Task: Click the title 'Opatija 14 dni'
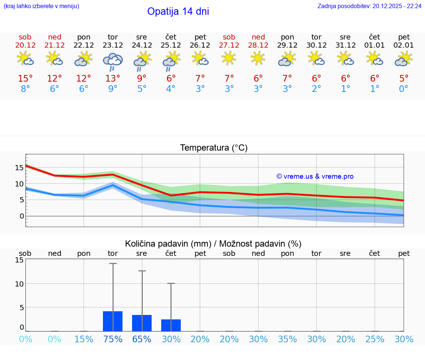pyautogui.click(x=178, y=11)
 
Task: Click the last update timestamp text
pyautogui.click(x=369, y=6)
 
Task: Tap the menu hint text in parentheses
pyautogui.click(x=41, y=6)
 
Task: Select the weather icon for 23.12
pyautogui.click(x=113, y=61)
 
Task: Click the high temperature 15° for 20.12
pyautogui.click(x=25, y=79)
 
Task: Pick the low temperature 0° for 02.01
pyautogui.click(x=404, y=89)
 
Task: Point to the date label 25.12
pyautogui.click(x=171, y=45)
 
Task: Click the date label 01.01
pyautogui.click(x=374, y=45)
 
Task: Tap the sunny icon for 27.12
pyautogui.click(x=229, y=58)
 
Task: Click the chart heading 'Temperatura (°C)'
pyautogui.click(x=214, y=148)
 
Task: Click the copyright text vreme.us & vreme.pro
pyautogui.click(x=315, y=176)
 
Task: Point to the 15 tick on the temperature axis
pyautogui.click(x=19, y=168)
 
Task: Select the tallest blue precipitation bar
pyautogui.click(x=113, y=321)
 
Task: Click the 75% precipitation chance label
pyautogui.click(x=113, y=339)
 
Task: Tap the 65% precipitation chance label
pyautogui.click(x=142, y=339)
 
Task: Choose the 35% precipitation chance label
pyautogui.click(x=287, y=339)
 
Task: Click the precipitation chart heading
pyautogui.click(x=213, y=244)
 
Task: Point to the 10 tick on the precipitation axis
pyautogui.click(x=19, y=284)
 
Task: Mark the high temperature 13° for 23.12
pyautogui.click(x=113, y=79)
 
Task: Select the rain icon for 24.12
pyautogui.click(x=141, y=61)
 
